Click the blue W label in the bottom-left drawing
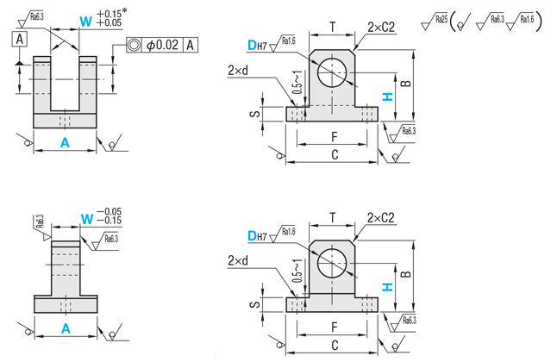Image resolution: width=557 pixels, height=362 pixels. (85, 219)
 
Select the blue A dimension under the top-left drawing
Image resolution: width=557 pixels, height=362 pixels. (65, 143)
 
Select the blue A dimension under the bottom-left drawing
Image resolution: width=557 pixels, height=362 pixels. (65, 328)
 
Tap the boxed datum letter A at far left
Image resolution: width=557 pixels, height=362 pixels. (20, 37)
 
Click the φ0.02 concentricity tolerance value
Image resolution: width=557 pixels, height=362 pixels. (162, 45)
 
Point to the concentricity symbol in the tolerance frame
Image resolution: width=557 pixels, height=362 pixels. (135, 45)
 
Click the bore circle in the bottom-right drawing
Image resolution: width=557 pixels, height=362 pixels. (332, 262)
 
